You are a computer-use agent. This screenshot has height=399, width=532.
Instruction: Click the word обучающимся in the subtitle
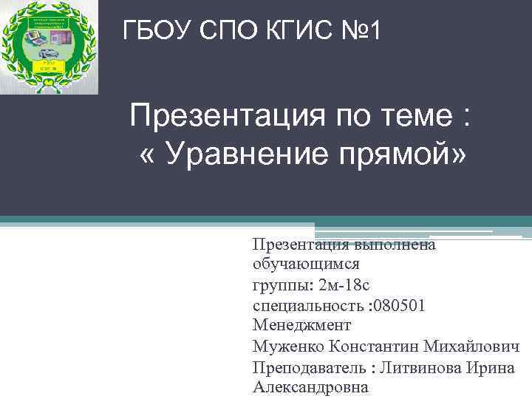[x=306, y=263]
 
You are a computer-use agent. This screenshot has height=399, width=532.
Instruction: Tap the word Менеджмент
[x=301, y=325]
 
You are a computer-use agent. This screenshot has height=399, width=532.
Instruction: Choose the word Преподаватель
[x=309, y=367]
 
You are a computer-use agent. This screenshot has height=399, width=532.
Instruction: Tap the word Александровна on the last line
[x=310, y=387]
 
